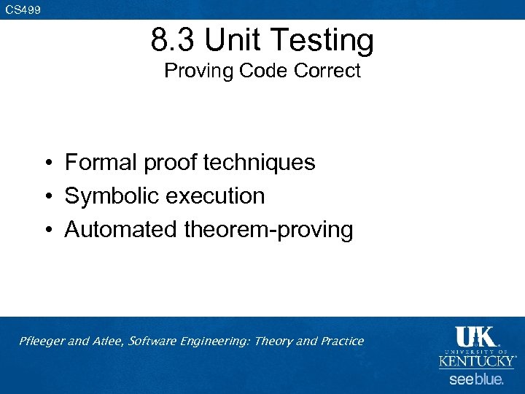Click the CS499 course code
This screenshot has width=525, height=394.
23,9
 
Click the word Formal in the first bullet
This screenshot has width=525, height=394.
101,162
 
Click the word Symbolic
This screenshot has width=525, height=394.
110,196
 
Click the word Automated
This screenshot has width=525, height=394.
121,229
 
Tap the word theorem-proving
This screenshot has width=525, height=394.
268,231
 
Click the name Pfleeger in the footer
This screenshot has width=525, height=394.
42,341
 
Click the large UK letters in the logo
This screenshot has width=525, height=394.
475,336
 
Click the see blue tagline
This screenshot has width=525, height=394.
476,379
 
